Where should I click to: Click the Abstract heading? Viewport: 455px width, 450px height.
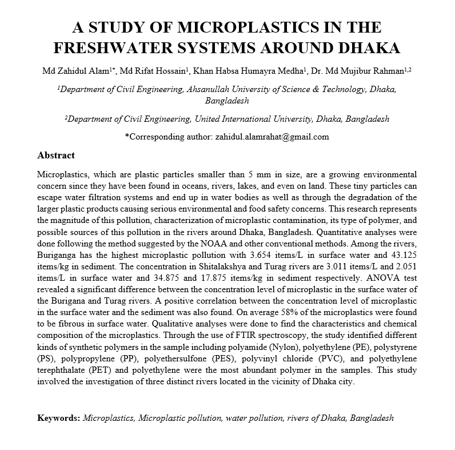tap(55, 156)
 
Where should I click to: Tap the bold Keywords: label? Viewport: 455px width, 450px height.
tap(59, 417)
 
